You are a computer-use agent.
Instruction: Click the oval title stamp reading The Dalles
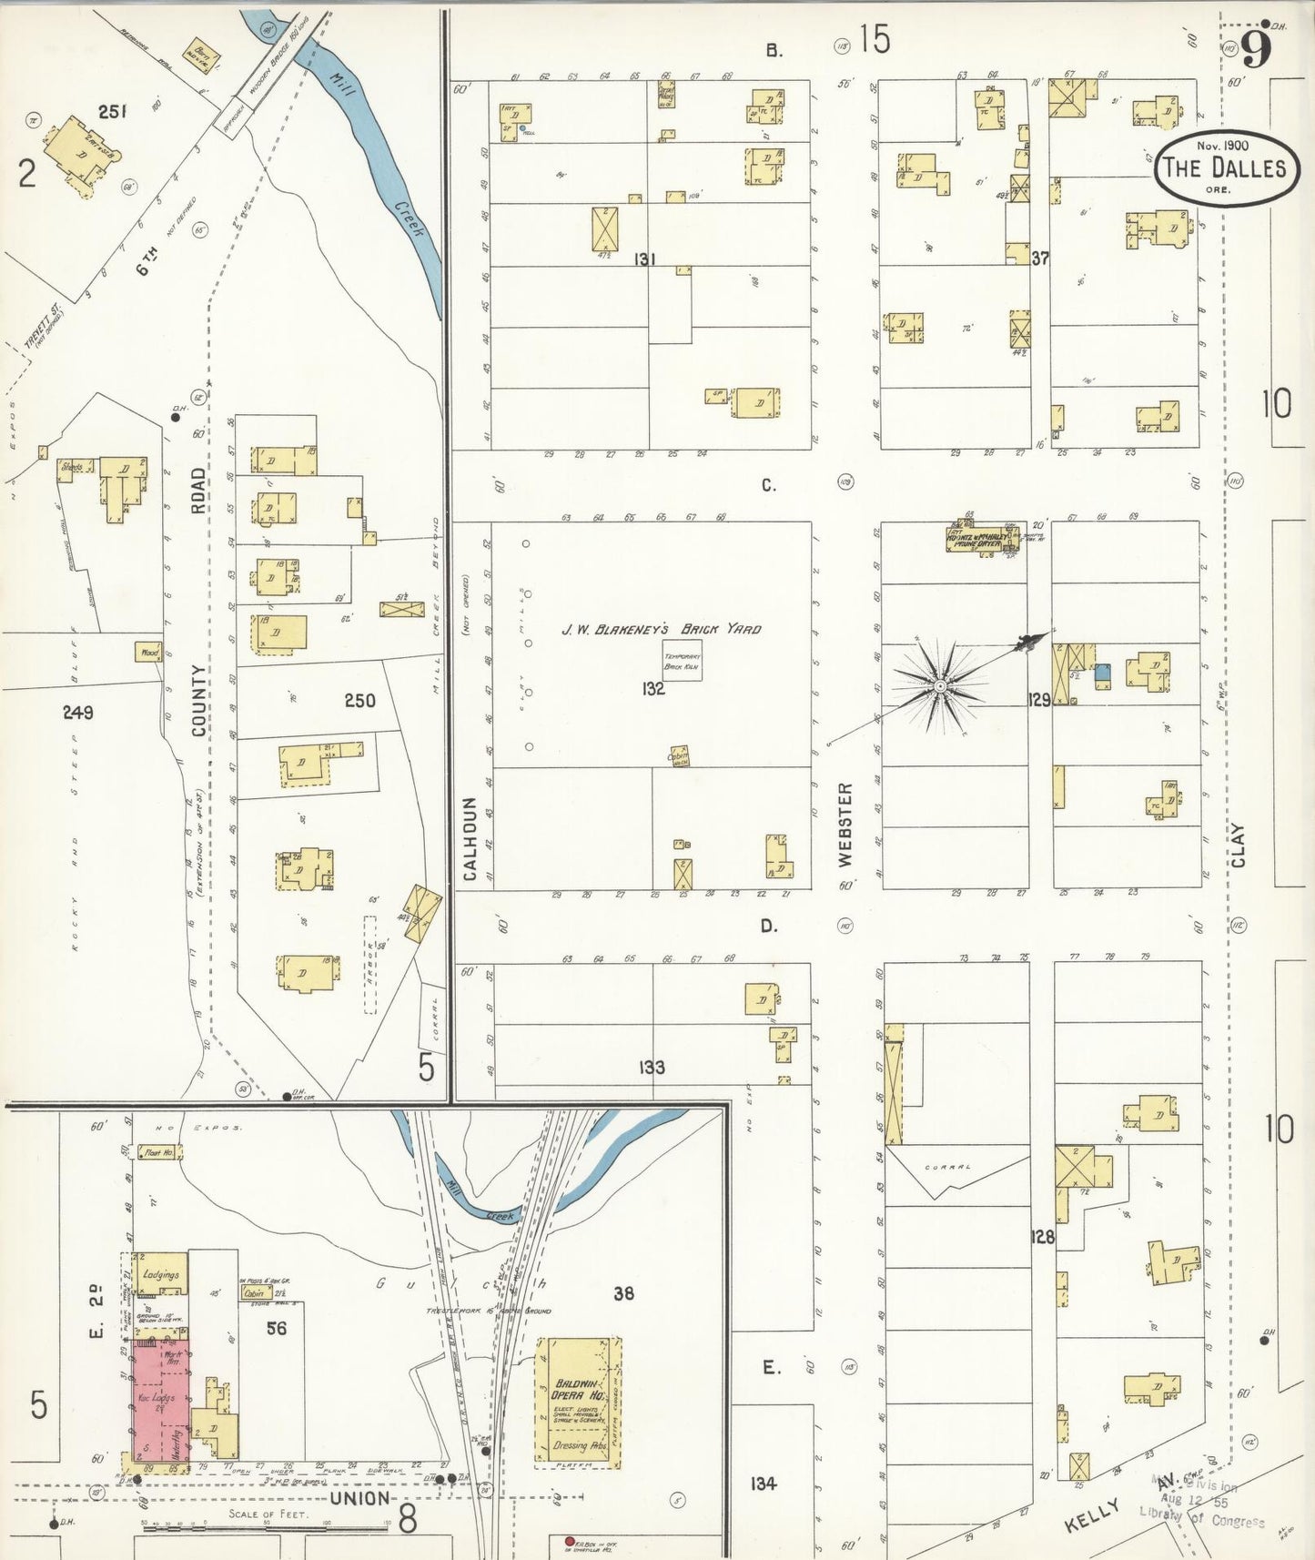pos(1227,167)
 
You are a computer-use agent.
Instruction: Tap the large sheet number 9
pos(1256,50)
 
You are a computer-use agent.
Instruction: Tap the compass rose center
pos(938,684)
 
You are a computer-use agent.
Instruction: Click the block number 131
pos(644,259)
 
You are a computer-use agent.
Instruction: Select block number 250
pos(359,700)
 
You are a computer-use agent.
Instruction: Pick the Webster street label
pos(845,824)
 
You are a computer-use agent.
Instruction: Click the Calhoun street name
pos(470,838)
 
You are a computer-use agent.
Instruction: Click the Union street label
pos(360,1498)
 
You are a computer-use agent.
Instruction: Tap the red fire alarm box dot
pos(570,1542)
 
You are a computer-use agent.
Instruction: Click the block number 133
pos(652,1067)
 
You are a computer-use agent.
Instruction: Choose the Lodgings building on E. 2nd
pos(160,1275)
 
